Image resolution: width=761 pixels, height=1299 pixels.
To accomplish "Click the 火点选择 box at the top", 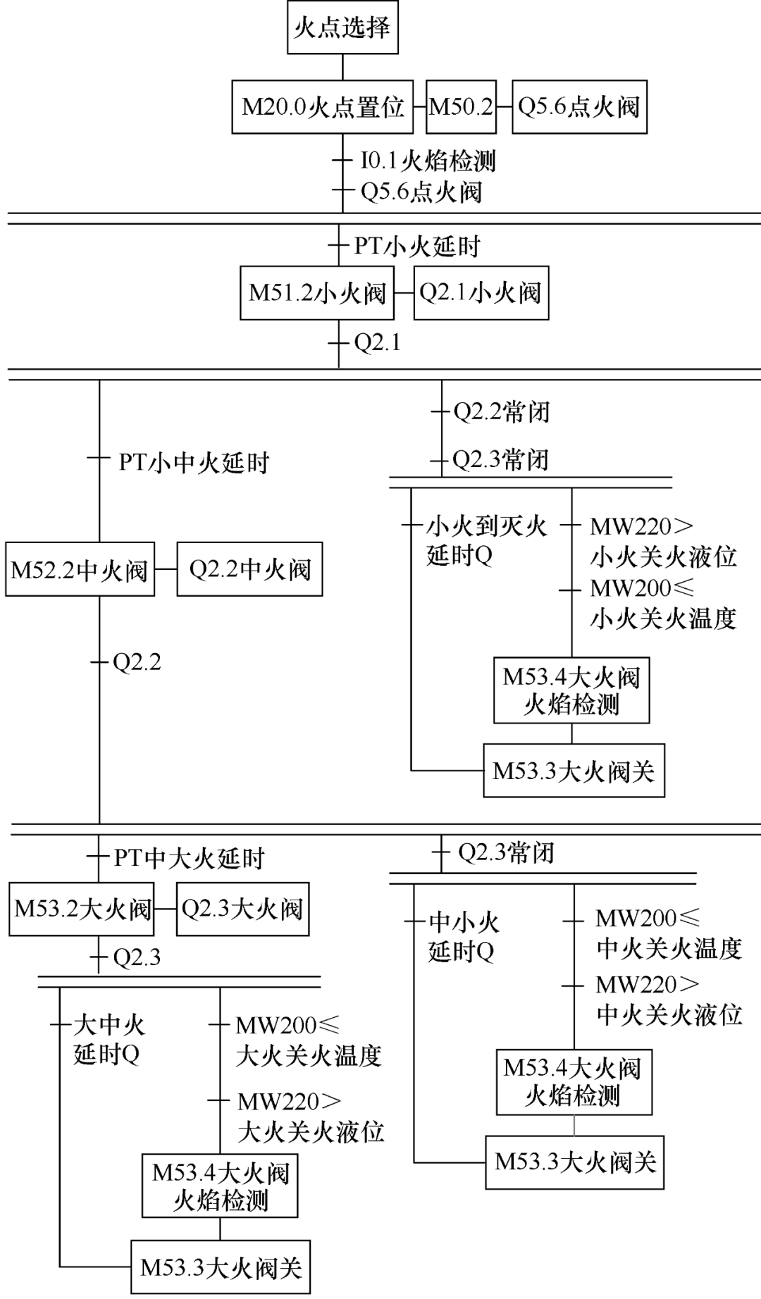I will coord(342,28).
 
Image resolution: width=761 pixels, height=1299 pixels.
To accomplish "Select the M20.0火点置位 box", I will coord(323,107).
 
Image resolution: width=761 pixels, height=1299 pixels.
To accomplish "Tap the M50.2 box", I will coord(461,107).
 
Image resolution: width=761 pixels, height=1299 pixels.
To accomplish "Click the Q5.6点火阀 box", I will coord(579,107).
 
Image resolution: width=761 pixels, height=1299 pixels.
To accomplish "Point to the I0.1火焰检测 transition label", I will coord(428,161).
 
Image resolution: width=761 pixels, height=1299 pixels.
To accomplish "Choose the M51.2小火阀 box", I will coord(317,293).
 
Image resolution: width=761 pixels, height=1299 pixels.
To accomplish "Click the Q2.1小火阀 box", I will coord(481,293).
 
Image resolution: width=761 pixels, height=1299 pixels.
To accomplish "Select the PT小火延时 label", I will coord(417,247).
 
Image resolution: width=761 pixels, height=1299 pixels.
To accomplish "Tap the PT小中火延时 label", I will coord(194,463).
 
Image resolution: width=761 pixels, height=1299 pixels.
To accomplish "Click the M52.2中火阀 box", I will coord(80,570).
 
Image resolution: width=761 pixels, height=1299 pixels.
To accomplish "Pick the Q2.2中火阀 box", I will coord(249,570).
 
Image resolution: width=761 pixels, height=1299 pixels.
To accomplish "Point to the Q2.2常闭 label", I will coord(501,412).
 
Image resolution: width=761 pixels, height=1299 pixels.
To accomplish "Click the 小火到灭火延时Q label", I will coord(486,541).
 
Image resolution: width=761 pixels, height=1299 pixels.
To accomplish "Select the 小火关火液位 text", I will coord(663,557).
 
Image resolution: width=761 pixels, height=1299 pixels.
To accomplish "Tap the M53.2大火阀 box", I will coord(82,909).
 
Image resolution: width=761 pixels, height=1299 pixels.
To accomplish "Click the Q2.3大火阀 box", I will coord(242,909).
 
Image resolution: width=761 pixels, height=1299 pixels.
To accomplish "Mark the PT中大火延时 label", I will coord(190,859).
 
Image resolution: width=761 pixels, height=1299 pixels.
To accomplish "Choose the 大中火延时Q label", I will coord(109,1040).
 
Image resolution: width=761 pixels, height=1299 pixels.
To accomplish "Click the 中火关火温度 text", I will coord(669,948).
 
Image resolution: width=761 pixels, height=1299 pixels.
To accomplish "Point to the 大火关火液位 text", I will coord(311,1132).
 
